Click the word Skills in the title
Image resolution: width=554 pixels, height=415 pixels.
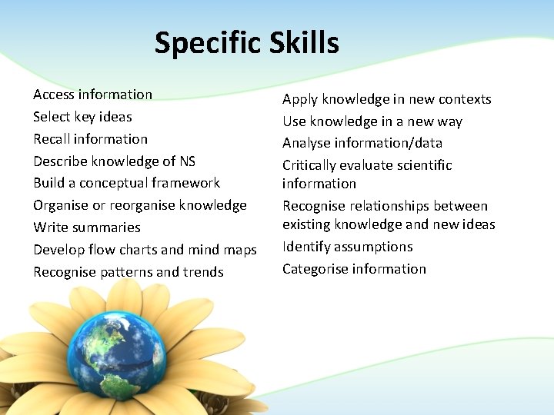[304, 42]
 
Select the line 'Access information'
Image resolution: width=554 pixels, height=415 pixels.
[92, 95]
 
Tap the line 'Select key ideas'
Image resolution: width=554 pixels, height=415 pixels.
[82, 117]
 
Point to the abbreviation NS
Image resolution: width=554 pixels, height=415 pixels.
[187, 161]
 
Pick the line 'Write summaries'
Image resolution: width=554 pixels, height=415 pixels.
[87, 227]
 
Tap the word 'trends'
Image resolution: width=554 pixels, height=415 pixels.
[202, 272]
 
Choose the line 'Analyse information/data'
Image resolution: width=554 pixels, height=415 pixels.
[362, 143]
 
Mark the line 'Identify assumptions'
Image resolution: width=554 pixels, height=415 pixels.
[347, 247]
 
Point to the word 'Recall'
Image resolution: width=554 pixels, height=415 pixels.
[52, 139]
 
